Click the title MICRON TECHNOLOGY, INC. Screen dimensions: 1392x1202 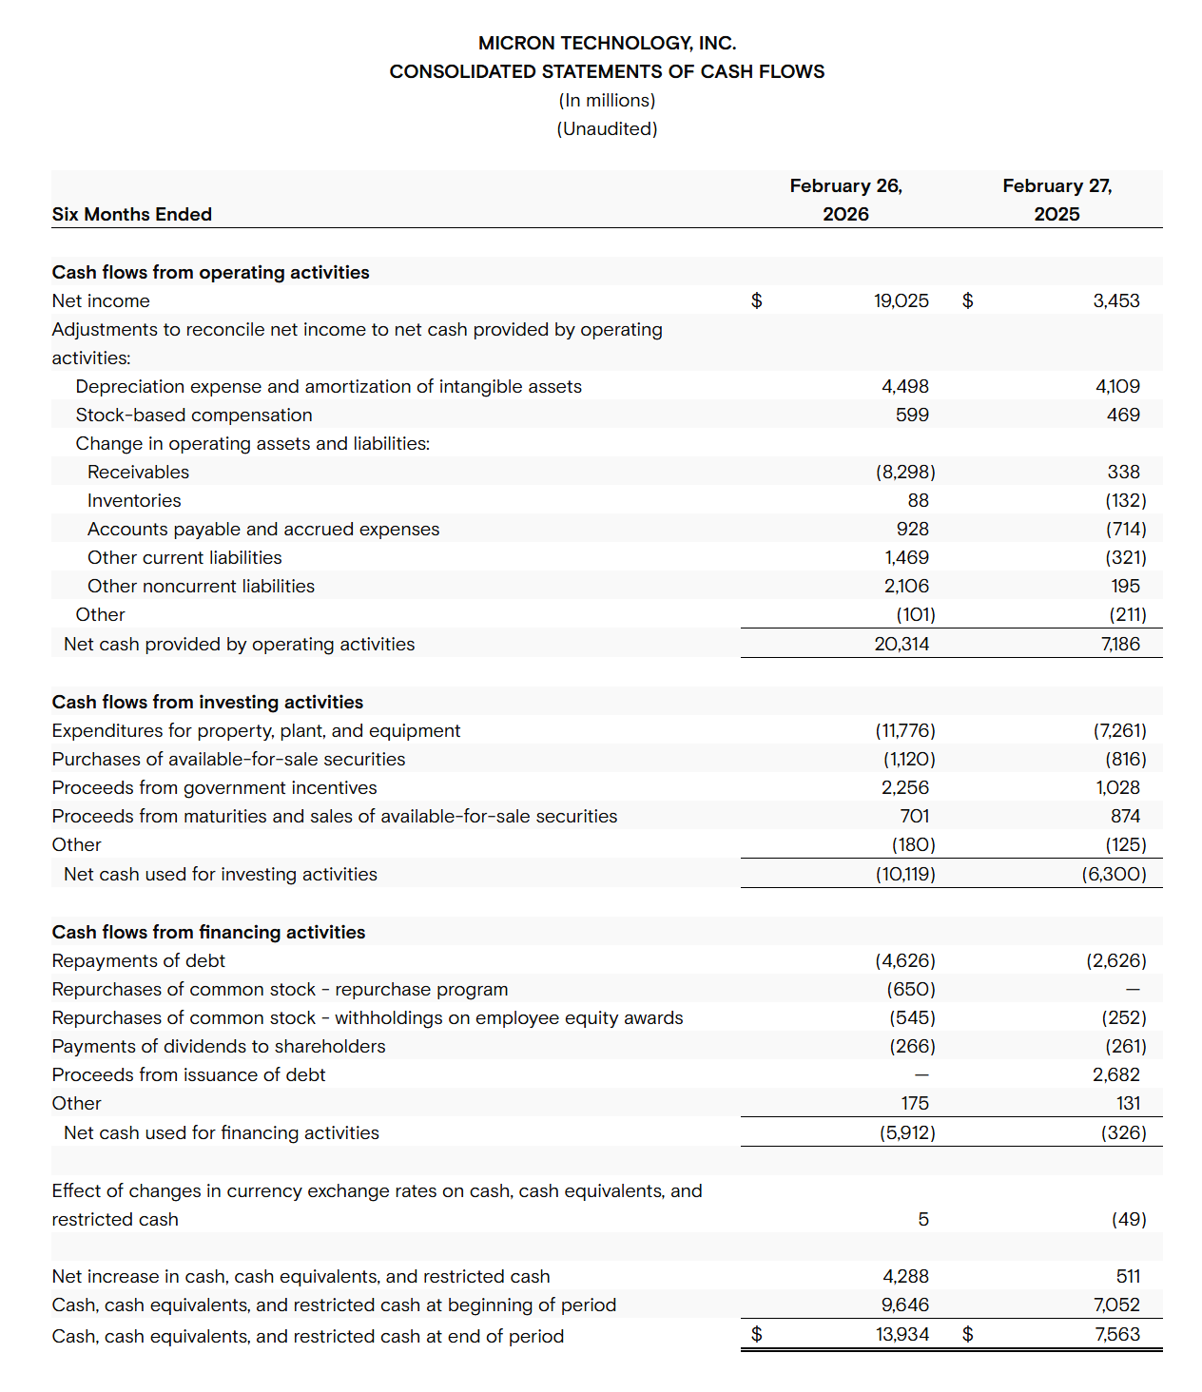click(x=607, y=43)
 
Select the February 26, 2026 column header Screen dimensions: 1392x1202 click(x=845, y=200)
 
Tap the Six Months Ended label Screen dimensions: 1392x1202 click(x=132, y=215)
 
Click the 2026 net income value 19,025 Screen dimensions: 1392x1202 click(x=901, y=301)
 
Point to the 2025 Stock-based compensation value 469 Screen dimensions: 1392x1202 click(x=1123, y=416)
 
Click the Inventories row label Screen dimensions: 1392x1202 click(x=134, y=501)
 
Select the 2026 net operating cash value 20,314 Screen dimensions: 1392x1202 click(x=901, y=645)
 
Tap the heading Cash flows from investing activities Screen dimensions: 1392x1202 click(x=207, y=703)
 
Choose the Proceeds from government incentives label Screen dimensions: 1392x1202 click(x=214, y=788)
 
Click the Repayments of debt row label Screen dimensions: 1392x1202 click(x=139, y=961)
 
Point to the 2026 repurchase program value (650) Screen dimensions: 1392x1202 click(x=911, y=990)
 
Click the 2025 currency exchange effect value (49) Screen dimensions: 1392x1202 click(x=1129, y=1220)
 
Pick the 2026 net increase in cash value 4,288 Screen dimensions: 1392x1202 click(x=905, y=1277)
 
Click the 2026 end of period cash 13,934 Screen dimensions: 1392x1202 click(x=901, y=1335)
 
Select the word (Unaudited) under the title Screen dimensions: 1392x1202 click(x=607, y=129)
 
